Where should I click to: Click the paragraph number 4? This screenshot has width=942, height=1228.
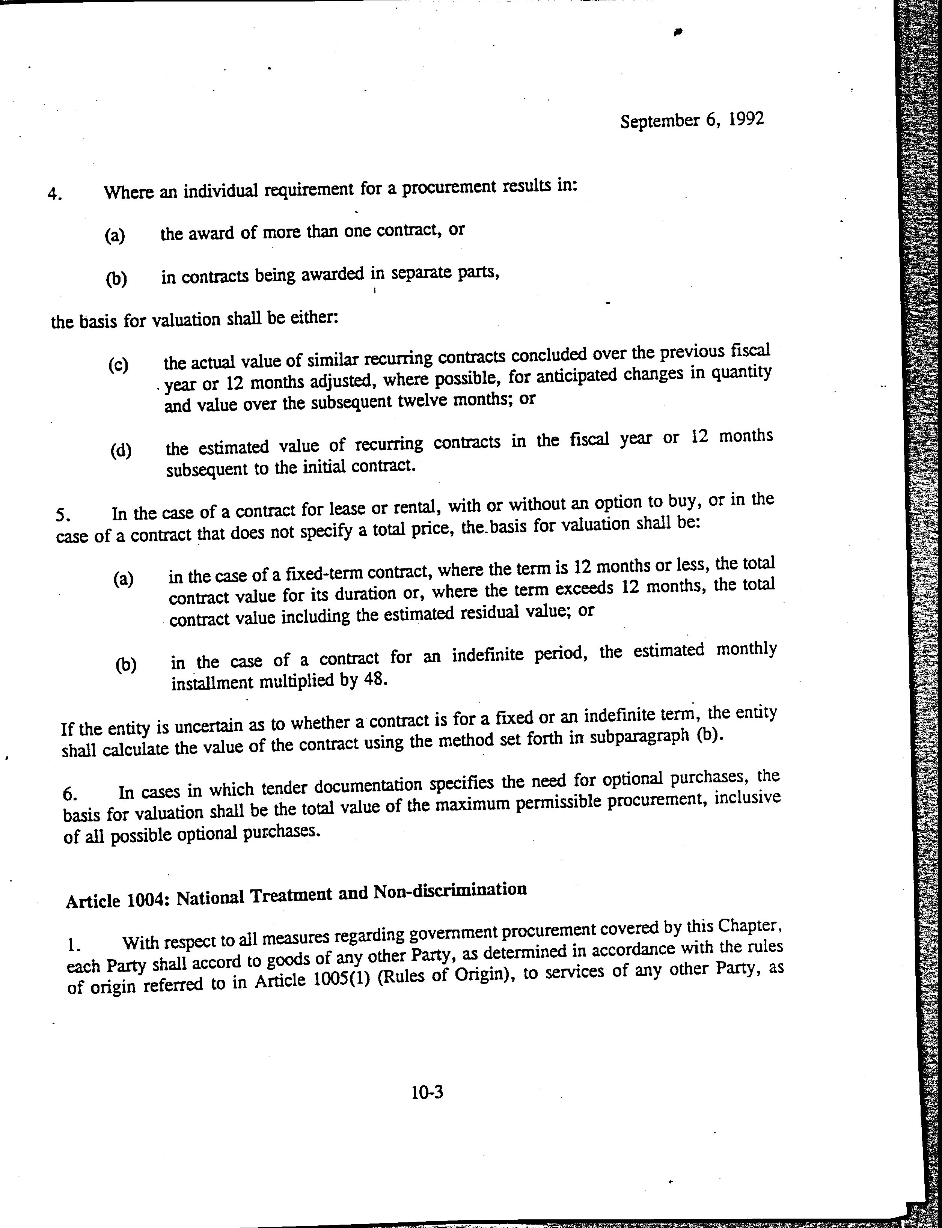tap(54, 194)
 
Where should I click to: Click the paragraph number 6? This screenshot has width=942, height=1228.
tap(69, 794)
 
